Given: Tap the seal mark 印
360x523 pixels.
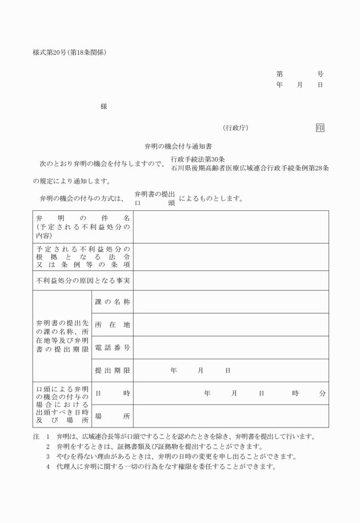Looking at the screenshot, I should tap(319, 127).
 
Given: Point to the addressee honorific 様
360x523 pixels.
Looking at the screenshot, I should tap(103, 107).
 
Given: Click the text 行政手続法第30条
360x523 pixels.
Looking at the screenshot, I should tap(197, 159).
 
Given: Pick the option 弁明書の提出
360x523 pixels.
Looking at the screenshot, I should tap(154, 195).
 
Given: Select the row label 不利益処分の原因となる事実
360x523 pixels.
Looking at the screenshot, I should tap(83, 280).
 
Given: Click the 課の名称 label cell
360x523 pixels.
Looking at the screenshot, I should tap(112, 301).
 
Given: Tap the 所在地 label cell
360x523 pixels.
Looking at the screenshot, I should tap(112, 324).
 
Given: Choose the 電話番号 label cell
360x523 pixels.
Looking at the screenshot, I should tap(112, 347).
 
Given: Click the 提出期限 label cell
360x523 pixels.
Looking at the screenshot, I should tap(112, 370).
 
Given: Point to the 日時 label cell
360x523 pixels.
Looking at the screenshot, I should tap(112, 393).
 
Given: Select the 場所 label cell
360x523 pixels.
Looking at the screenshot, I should tap(112, 416).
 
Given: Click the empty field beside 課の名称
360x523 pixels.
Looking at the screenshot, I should tap(231, 301).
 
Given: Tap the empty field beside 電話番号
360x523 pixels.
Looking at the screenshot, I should tap(231, 347).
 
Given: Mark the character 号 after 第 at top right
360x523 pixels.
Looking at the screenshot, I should tap(320, 74).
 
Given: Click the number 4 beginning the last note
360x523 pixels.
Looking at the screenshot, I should tap(49, 466).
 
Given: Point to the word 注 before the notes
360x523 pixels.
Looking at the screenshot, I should tap(36, 437).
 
